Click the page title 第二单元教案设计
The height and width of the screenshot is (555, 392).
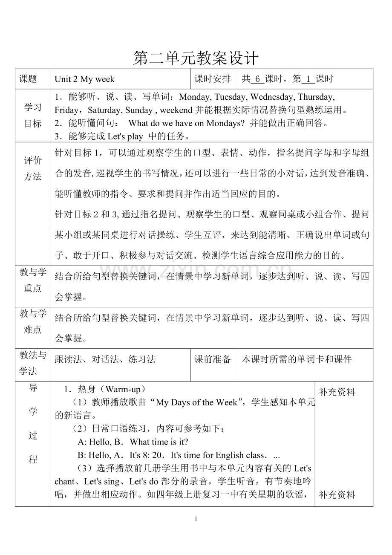coord(196,58)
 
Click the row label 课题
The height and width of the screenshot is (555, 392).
coord(28,79)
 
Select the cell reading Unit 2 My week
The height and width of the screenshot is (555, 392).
coord(85,79)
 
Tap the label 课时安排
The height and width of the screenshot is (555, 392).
coord(213,79)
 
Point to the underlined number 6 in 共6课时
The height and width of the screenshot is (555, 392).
coord(257,79)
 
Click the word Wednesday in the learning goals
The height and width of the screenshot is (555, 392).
coord(272,97)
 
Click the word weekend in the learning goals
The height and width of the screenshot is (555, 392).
coord(176,110)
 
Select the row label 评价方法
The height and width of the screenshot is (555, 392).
coord(33,168)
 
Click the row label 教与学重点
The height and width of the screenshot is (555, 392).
coord(33,280)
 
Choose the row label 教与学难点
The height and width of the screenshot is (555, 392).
coord(33,321)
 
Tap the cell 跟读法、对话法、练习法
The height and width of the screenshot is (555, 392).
coord(105,359)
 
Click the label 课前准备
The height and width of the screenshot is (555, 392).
coord(213,359)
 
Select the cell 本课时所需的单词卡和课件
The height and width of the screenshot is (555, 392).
coord(297,359)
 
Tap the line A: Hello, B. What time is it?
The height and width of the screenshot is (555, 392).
coord(133,442)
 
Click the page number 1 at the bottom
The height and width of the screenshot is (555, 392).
coord(196,519)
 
